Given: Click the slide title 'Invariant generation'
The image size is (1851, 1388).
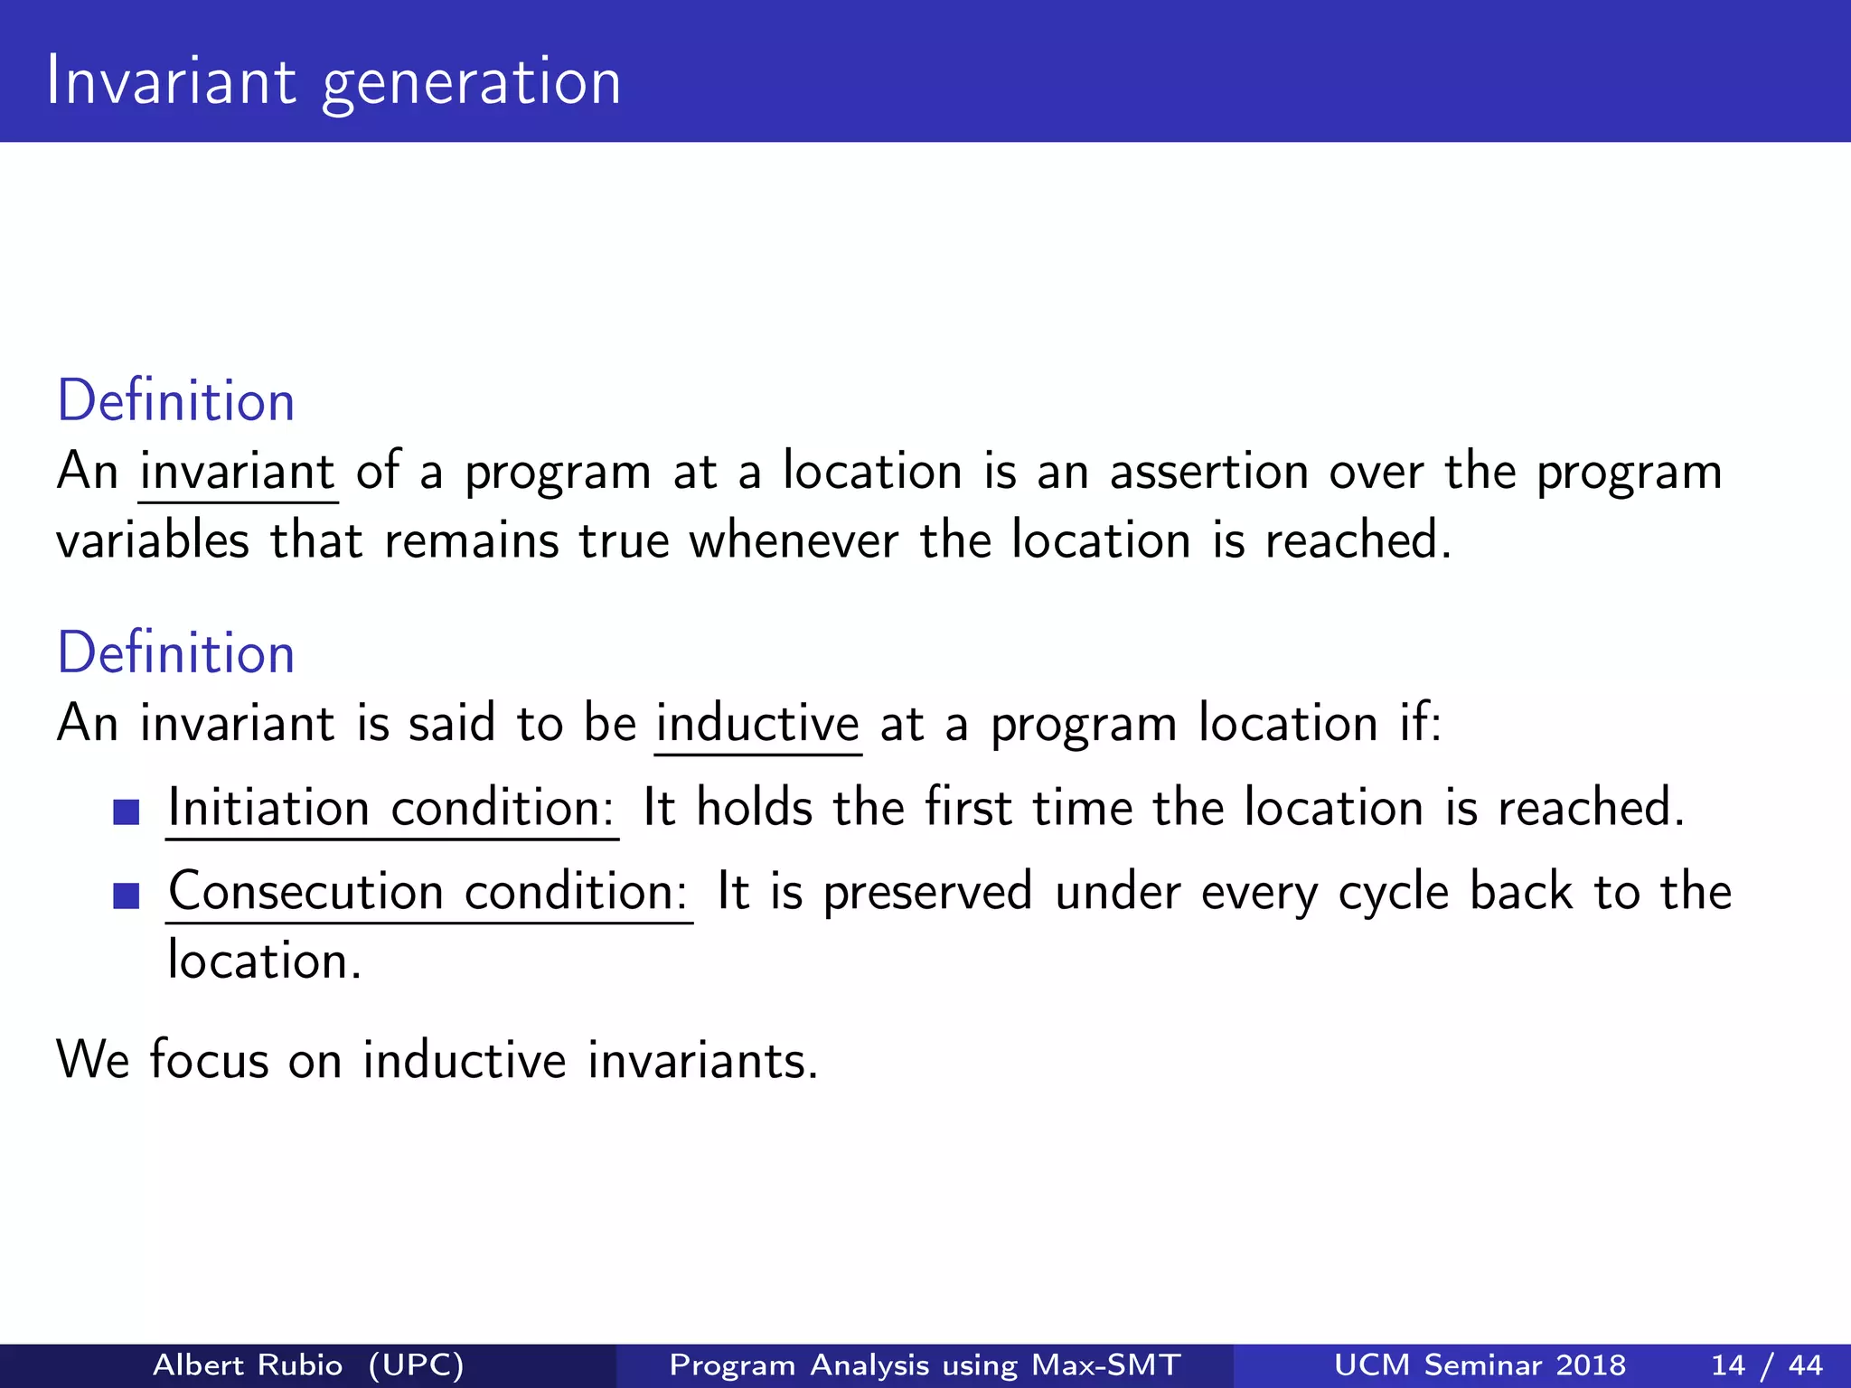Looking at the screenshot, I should tap(334, 82).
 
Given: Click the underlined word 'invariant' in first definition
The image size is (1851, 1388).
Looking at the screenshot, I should tap(238, 472).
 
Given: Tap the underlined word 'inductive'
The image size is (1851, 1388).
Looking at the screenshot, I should tap(757, 724).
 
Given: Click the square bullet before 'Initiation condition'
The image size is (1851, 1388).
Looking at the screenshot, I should tap(127, 811).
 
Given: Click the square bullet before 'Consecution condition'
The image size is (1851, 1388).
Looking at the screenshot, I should tap(127, 896).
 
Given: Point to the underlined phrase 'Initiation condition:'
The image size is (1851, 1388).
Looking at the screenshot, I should tap(391, 808).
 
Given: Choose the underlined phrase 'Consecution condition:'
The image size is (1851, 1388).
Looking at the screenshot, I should tap(428, 892).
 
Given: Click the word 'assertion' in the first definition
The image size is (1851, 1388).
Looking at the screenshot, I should tap(1208, 472).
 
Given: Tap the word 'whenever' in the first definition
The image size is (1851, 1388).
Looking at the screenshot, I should tap(794, 541).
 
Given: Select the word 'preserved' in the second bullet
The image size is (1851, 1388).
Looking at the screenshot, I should tap(927, 893).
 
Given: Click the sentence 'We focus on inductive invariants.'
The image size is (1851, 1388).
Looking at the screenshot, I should tap(437, 1059).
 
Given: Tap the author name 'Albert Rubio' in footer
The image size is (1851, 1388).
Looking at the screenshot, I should tap(248, 1365).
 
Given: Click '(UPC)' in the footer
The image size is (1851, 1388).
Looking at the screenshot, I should tap(417, 1365).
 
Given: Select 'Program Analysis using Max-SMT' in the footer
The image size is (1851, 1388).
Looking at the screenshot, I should tap(925, 1365).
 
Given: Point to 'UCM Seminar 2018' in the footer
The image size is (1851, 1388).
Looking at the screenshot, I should tap(1480, 1365).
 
